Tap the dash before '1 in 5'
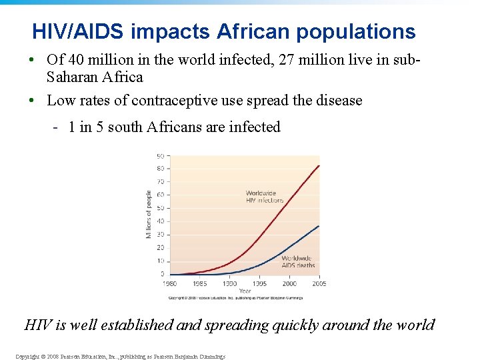pyautogui.click(x=57, y=127)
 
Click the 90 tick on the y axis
pyautogui.click(x=161, y=156)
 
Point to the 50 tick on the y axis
pyautogui.click(x=161, y=208)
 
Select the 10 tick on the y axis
pyautogui.click(x=161, y=261)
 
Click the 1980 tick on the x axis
pyautogui.click(x=170, y=283)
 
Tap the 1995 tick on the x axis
pyautogui.click(x=259, y=283)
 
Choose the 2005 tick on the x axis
pyautogui.click(x=318, y=283)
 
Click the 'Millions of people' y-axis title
pyautogui.click(x=149, y=214)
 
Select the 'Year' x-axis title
pyautogui.click(x=245, y=291)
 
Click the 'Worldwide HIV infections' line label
pyautogui.click(x=264, y=197)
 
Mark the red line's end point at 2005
pyautogui.click(x=318, y=165)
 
